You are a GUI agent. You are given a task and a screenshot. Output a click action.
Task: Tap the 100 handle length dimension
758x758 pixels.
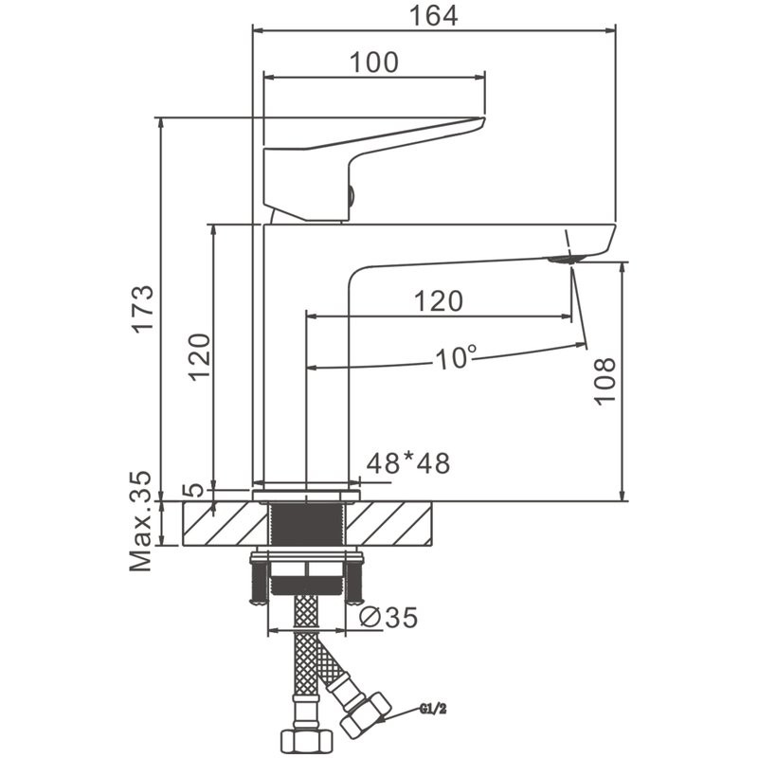(x=374, y=63)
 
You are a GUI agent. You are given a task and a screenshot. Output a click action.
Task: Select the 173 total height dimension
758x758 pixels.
(x=142, y=308)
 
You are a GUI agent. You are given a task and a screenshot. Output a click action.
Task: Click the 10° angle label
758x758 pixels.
(x=456, y=357)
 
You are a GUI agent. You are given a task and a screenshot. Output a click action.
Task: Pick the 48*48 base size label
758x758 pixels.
(x=407, y=463)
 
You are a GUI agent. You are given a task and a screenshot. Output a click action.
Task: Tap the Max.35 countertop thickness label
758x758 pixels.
(x=141, y=522)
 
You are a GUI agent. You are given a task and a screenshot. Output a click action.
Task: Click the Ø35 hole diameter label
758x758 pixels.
(x=388, y=617)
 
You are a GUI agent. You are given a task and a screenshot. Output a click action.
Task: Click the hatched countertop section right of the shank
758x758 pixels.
(x=398, y=524)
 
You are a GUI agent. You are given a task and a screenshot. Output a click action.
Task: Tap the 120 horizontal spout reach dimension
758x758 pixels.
(x=439, y=301)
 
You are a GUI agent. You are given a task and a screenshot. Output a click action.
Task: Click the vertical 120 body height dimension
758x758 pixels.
(x=198, y=355)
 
